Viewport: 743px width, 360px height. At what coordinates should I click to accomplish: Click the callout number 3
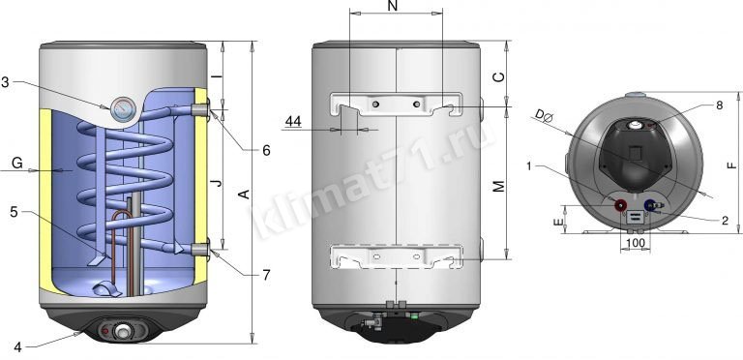5,82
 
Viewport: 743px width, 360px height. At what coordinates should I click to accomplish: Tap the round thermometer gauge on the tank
124,109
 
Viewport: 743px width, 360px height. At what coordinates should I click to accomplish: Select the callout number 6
266,151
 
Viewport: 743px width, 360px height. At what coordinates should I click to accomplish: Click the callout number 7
266,275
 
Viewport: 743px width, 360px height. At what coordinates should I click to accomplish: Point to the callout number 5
14,212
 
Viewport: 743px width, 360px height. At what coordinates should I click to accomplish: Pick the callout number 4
17,347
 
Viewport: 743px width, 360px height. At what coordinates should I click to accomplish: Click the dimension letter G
17,164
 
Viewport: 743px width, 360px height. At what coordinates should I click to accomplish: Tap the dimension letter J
217,183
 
